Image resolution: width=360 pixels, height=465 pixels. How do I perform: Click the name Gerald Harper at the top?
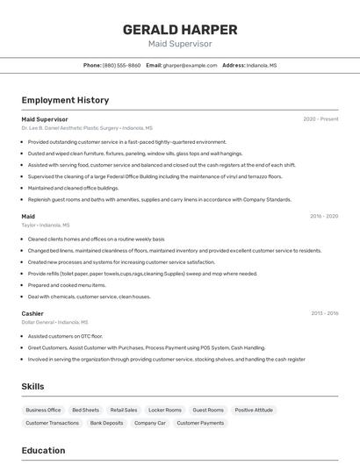click(x=179, y=28)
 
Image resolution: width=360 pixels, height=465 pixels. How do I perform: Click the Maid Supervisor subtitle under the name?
click(x=179, y=44)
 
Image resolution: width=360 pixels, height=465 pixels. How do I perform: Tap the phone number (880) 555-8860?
click(x=121, y=65)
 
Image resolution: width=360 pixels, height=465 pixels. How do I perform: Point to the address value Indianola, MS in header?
click(x=262, y=65)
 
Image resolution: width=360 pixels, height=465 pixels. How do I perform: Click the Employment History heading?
click(x=65, y=100)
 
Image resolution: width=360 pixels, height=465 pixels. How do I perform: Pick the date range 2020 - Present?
click(x=320, y=118)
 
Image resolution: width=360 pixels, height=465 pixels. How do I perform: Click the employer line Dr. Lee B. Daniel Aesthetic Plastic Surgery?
click(x=87, y=128)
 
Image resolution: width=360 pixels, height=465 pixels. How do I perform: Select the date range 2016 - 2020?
click(x=323, y=216)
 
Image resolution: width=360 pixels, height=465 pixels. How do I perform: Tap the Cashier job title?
click(x=32, y=313)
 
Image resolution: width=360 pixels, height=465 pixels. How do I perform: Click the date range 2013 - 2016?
click(x=324, y=313)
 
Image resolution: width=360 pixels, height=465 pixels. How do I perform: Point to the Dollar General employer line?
click(x=54, y=322)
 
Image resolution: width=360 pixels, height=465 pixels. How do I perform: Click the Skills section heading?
click(x=32, y=386)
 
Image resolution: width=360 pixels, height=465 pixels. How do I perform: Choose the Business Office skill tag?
click(x=43, y=410)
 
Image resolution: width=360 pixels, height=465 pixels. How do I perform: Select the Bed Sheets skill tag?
click(x=85, y=410)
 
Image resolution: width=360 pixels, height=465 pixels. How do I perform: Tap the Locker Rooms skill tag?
click(x=165, y=410)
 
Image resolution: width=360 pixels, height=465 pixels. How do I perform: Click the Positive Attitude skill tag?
click(x=255, y=410)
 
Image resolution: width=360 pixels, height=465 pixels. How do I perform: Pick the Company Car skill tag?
click(x=150, y=423)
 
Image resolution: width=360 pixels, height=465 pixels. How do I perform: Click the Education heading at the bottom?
click(x=43, y=451)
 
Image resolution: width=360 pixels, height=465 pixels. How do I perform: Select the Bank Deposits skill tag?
click(x=106, y=423)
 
